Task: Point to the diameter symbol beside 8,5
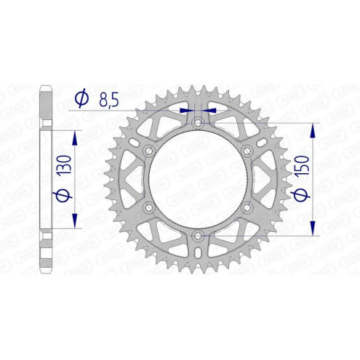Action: pos(81,100)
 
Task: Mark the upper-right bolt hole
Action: pos(246,151)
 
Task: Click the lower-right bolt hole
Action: pos(246,207)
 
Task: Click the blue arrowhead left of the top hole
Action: pos(184,110)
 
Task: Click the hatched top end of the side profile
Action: pos(44,98)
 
